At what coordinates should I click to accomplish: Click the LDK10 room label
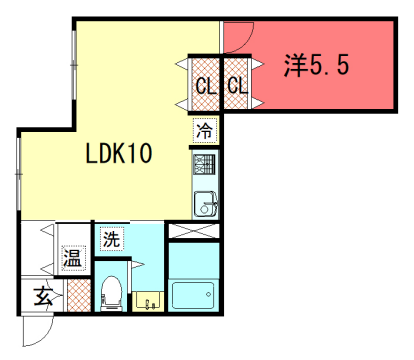pyautogui.click(x=117, y=154)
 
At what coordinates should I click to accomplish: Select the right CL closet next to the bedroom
pyautogui.click(x=237, y=86)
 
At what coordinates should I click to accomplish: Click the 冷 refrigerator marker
pyautogui.click(x=204, y=129)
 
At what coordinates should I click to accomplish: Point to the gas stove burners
pyautogui.click(x=204, y=162)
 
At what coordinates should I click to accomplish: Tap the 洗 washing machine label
pyautogui.click(x=111, y=239)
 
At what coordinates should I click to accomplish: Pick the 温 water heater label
pyautogui.click(x=72, y=258)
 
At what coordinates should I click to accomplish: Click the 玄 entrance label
pyautogui.click(x=43, y=295)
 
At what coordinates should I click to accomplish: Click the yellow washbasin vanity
pyautogui.click(x=149, y=300)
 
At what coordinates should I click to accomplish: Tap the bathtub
pyautogui.click(x=192, y=296)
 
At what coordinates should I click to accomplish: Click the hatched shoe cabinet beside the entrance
pyautogui.click(x=76, y=296)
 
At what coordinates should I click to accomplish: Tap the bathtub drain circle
pyautogui.click(x=209, y=294)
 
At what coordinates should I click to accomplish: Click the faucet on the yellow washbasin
pyautogui.click(x=149, y=296)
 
